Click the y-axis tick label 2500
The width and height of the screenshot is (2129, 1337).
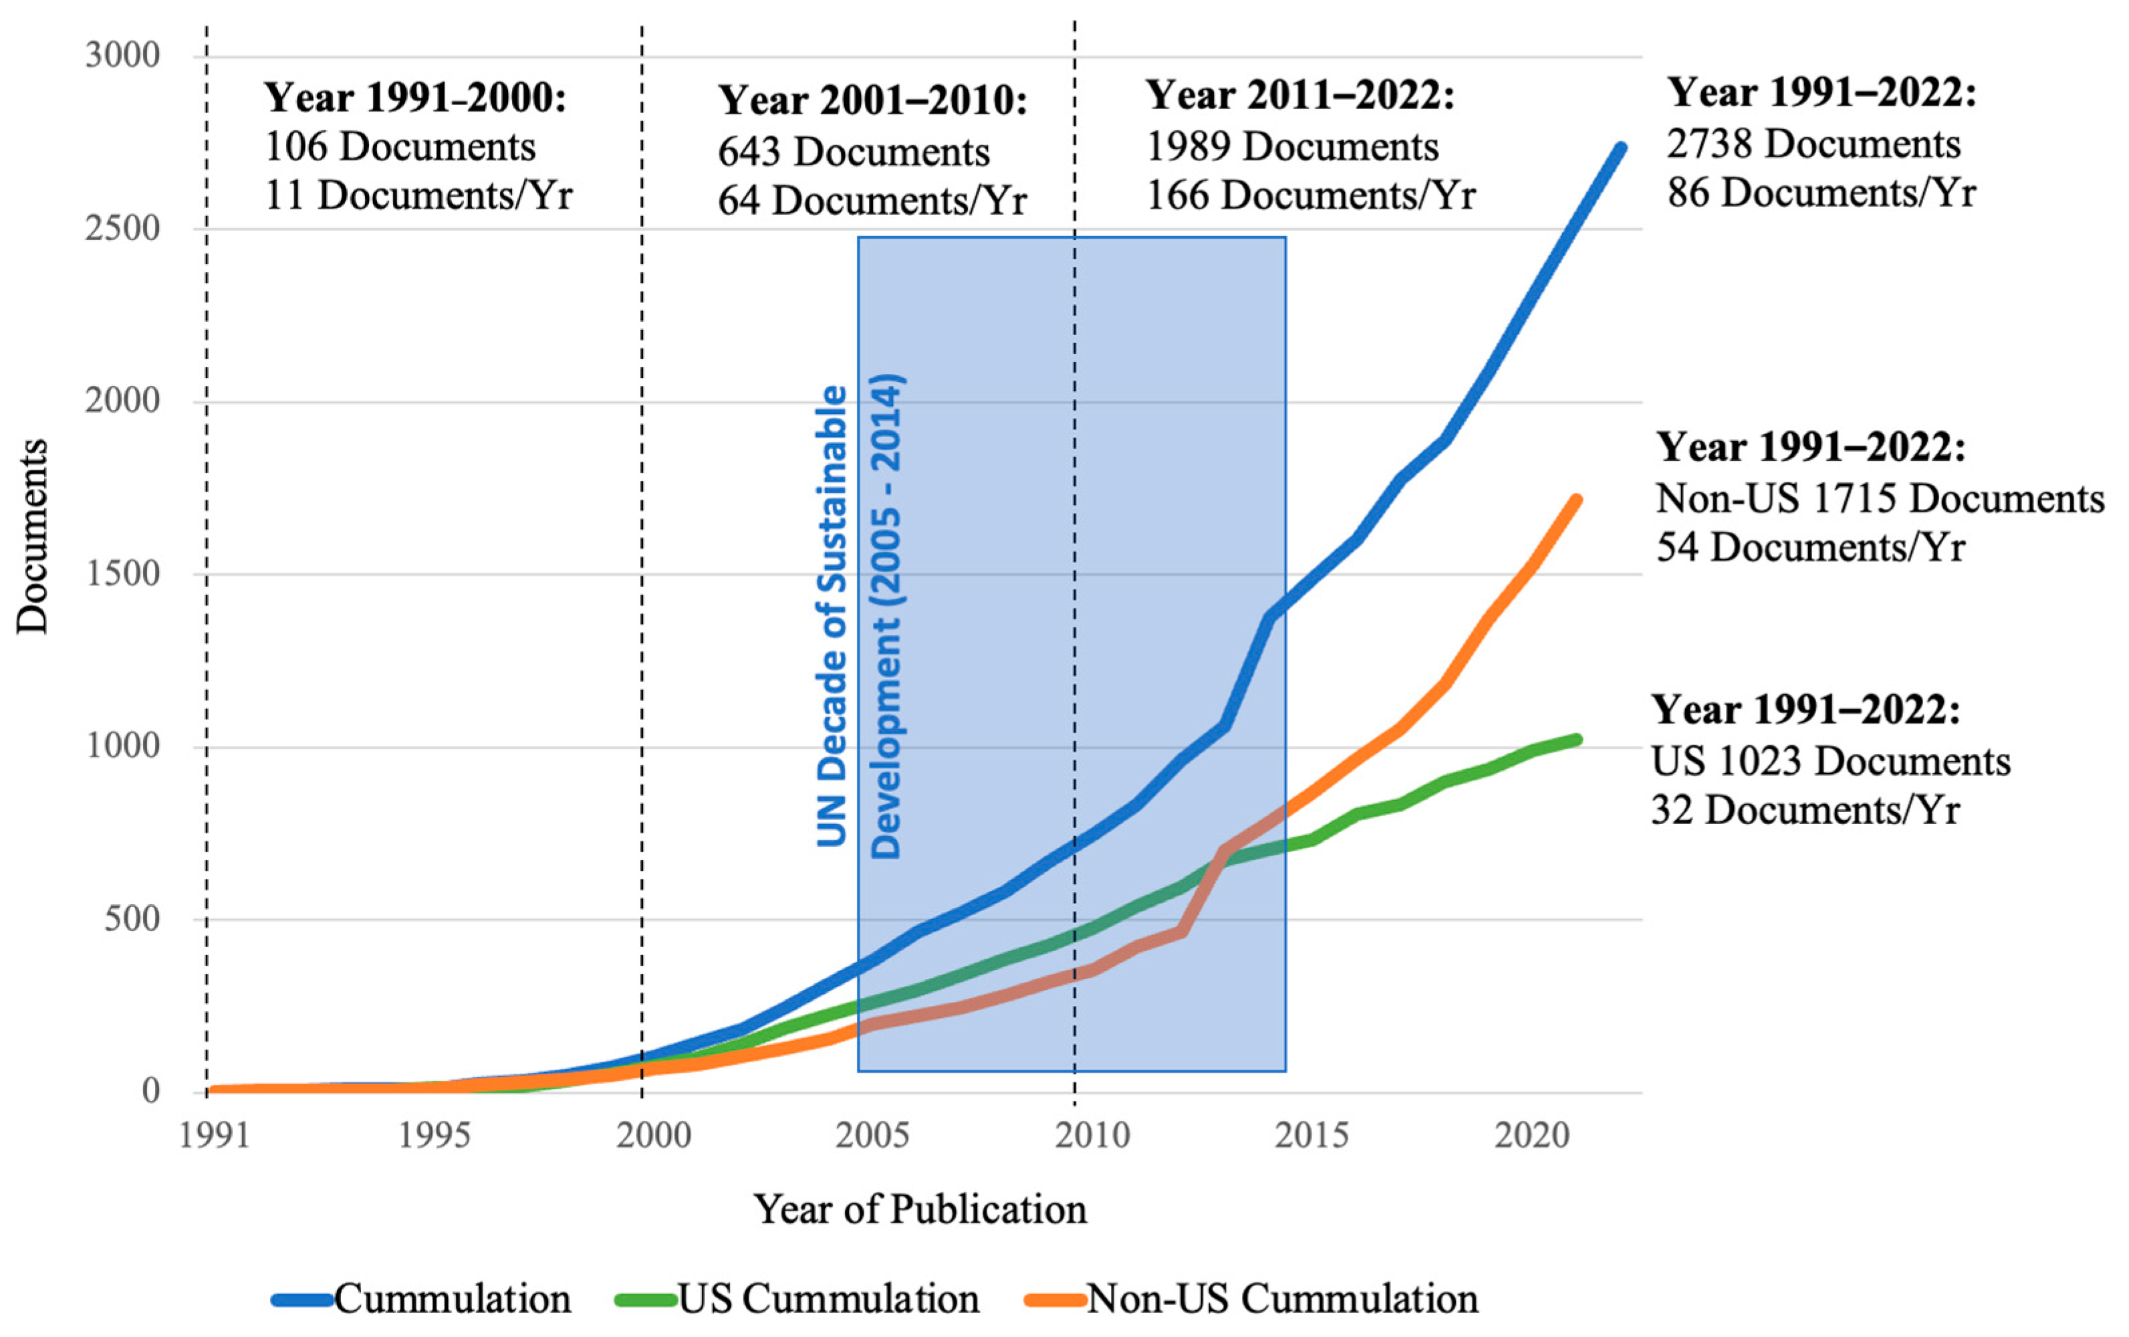click(x=123, y=228)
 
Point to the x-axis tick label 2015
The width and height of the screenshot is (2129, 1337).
click(x=1311, y=1134)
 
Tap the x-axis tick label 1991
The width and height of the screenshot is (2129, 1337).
click(x=214, y=1134)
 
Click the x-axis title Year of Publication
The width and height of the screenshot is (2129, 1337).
click(x=919, y=1209)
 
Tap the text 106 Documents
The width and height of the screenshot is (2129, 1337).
click(x=400, y=146)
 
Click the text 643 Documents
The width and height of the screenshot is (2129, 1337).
click(x=853, y=151)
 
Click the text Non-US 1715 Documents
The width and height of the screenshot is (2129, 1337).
click(x=1880, y=499)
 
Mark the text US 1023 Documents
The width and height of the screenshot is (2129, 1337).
click(x=1830, y=761)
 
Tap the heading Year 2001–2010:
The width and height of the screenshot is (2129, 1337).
click(x=872, y=100)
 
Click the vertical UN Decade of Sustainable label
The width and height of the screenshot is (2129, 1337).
click(x=832, y=616)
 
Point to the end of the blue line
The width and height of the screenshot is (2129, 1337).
click(x=1620, y=148)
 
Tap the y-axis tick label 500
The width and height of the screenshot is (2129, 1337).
click(x=132, y=919)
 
